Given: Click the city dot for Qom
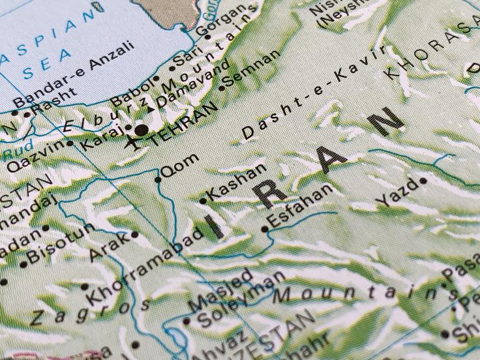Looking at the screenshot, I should tap(158, 179).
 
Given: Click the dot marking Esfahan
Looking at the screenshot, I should tap(264, 229).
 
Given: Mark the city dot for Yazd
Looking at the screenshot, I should tap(423, 180).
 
